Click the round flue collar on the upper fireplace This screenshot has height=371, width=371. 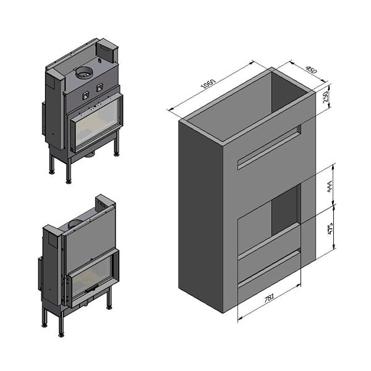coord(84,74)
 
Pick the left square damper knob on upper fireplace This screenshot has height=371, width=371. coord(86,96)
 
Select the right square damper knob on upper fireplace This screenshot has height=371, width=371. coord(99,88)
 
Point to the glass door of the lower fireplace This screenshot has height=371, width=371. coord(91,276)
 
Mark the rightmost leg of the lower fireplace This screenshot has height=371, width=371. coord(109,300)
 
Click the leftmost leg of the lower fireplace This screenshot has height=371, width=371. coord(45,317)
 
